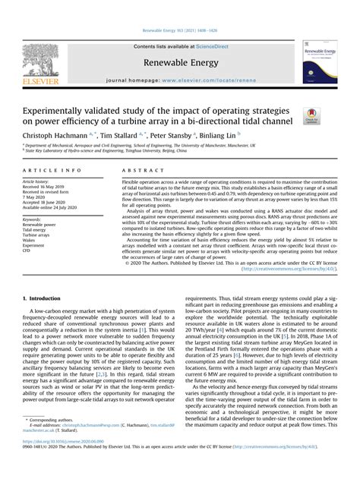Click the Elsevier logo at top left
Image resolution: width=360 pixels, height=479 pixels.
pos(46,66)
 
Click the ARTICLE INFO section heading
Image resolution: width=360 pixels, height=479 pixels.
pos(60,172)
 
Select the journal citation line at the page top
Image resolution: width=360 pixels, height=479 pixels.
pos(180,31)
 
